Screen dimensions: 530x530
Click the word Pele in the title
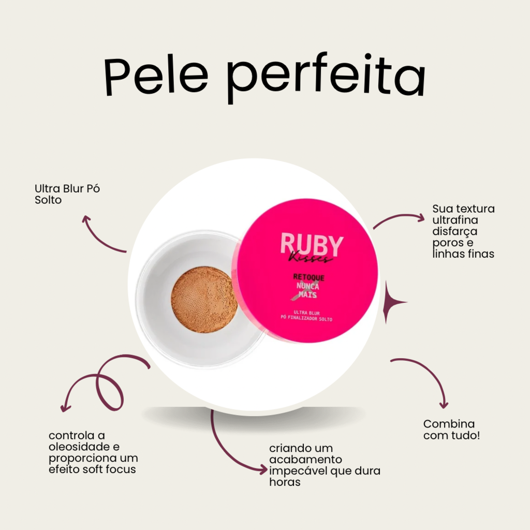click(156, 77)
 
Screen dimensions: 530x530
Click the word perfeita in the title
click(326, 78)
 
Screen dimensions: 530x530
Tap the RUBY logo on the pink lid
click(312, 244)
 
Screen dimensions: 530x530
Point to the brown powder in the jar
click(204, 300)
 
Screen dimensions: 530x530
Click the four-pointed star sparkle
click(392, 302)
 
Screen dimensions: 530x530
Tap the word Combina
click(449, 424)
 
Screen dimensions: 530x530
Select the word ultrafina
click(455, 220)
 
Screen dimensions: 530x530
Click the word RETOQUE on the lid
click(308, 277)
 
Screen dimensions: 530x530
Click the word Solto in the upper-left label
click(48, 200)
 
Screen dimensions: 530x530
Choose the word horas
click(285, 482)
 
